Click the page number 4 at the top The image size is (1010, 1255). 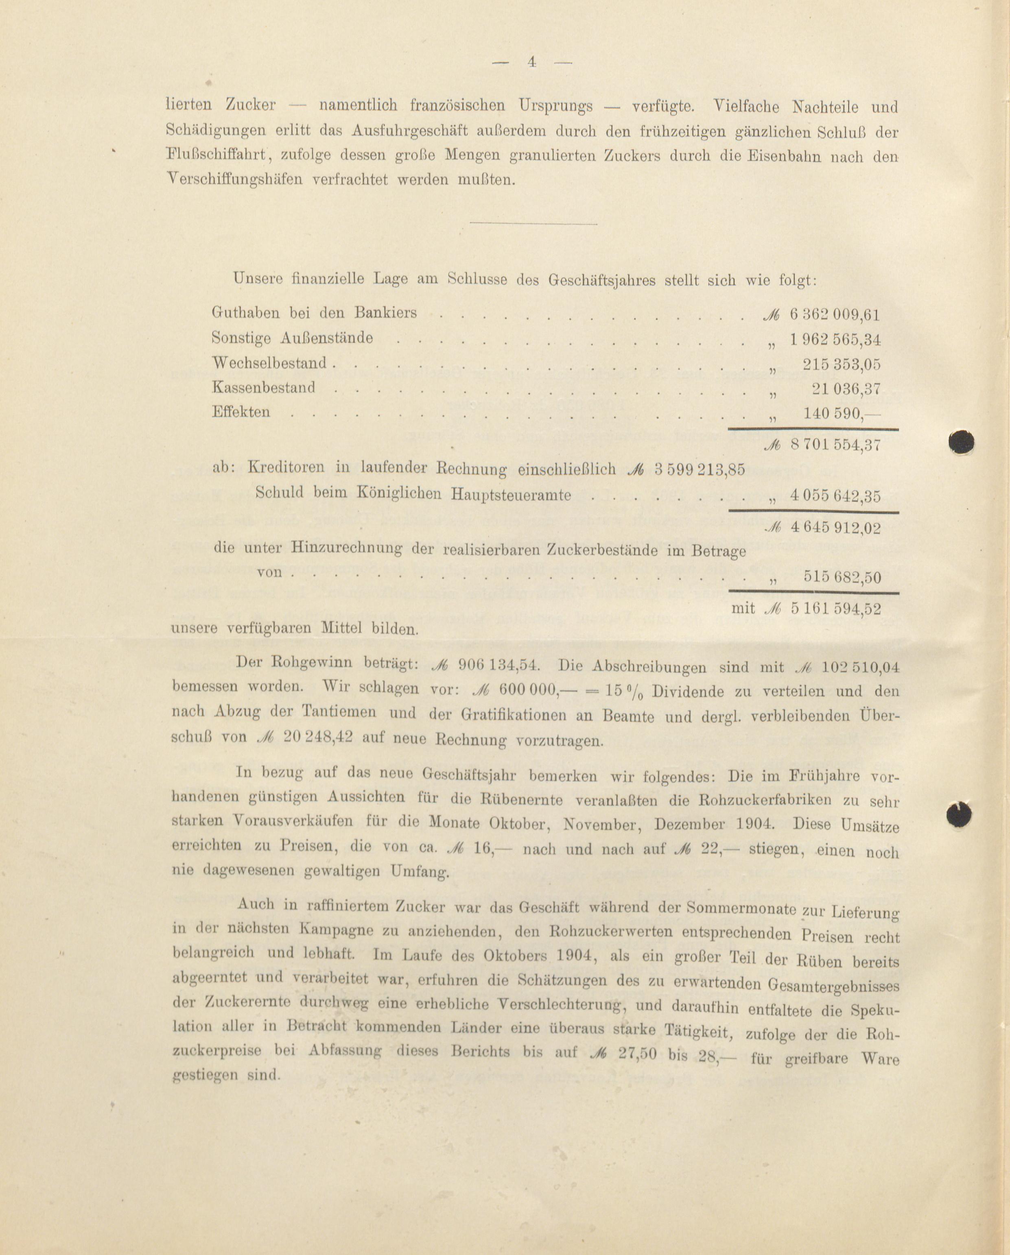531,62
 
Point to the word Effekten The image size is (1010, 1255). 241,412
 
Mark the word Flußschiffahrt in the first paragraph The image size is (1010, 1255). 218,156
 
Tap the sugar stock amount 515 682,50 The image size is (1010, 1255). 842,577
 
